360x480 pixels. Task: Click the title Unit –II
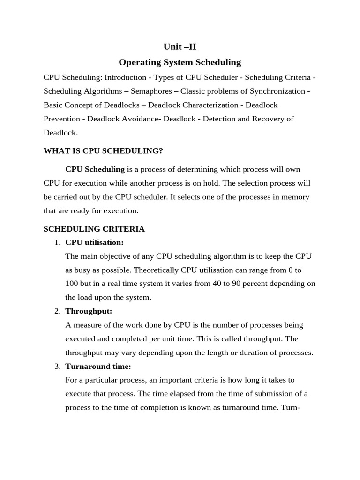point(180,46)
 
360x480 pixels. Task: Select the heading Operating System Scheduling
point(180,62)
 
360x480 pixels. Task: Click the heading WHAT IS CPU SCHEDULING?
point(103,151)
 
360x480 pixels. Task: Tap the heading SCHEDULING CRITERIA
point(94,229)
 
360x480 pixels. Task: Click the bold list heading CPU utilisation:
point(94,242)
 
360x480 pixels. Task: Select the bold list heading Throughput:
point(89,311)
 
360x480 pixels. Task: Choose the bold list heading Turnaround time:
point(98,366)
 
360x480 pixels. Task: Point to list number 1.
point(57,242)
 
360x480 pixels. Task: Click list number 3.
point(57,366)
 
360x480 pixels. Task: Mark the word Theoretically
point(152,270)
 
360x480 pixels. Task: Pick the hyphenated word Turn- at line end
point(290,407)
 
